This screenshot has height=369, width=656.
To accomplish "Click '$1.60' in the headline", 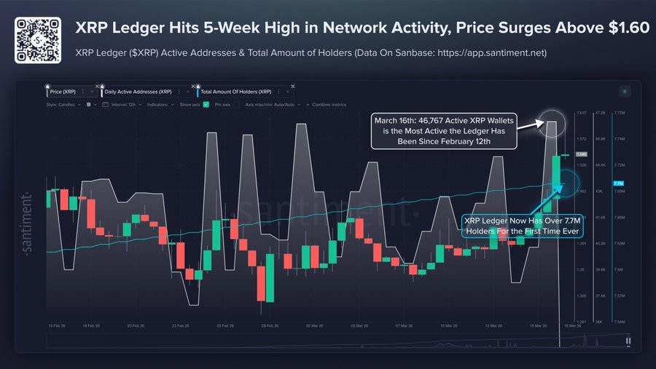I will pyautogui.click(x=627, y=28).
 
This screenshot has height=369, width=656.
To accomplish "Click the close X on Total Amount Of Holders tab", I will pyautogui.click(x=292, y=87).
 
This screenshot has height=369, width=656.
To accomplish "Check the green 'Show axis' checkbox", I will pyautogui.click(x=206, y=105).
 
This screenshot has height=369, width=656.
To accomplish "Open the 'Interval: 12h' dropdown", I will pyautogui.click(x=118, y=105).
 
